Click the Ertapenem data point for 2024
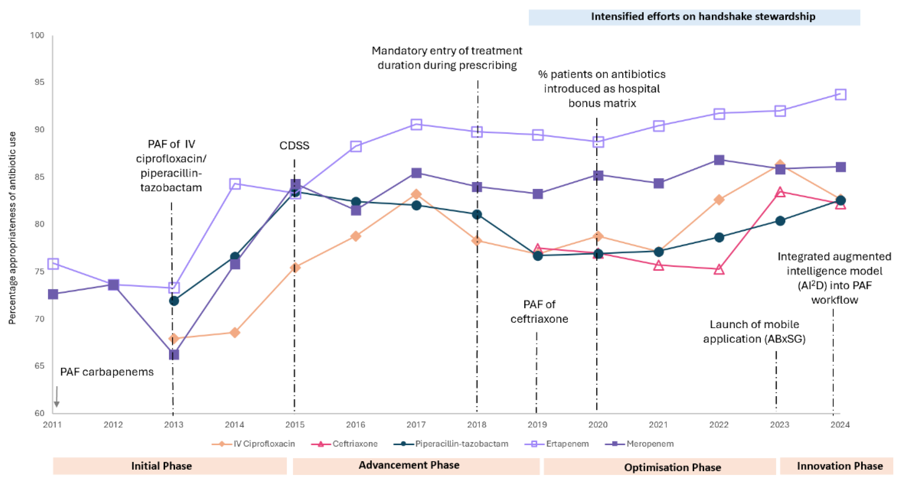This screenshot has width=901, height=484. click(x=840, y=94)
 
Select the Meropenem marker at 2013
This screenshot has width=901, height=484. click(x=174, y=354)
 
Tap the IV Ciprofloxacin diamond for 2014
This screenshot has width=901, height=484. click(x=235, y=332)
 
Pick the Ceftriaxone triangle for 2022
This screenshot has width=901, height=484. click(x=719, y=269)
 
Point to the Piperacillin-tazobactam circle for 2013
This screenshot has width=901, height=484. click(x=174, y=301)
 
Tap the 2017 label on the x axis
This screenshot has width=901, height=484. click(x=416, y=425)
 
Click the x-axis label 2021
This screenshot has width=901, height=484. click(x=658, y=425)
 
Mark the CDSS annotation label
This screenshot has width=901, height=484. click(x=294, y=145)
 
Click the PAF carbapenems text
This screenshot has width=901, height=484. click(x=107, y=372)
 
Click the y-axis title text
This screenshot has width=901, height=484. click(x=12, y=228)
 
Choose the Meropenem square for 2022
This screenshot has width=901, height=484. click(x=719, y=160)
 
